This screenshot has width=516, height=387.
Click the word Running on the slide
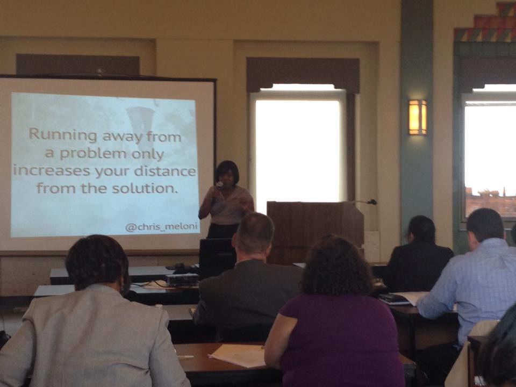[x=63, y=135]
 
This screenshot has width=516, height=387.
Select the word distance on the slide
[x=168, y=171]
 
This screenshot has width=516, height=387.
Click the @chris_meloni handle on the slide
[x=162, y=227]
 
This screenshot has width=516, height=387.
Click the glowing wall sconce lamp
[x=418, y=117]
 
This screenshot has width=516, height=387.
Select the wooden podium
[x=316, y=232]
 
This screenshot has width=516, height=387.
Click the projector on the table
[x=183, y=279]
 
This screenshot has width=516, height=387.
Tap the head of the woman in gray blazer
[x=97, y=263]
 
